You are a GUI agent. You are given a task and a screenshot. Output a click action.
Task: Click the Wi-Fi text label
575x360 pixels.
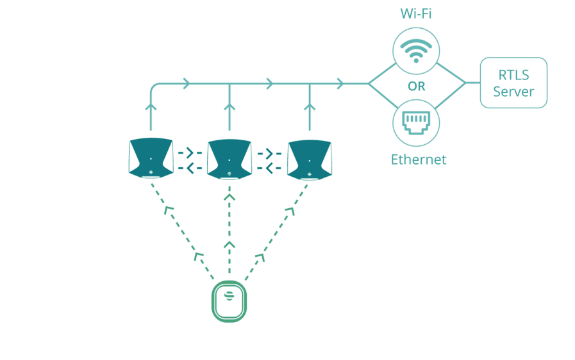tap(416, 13)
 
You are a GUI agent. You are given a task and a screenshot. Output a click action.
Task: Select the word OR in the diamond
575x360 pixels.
tap(416, 86)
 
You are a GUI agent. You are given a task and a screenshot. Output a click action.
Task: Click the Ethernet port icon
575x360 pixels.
tap(416, 122)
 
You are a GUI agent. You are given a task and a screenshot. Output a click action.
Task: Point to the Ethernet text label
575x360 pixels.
tap(418, 160)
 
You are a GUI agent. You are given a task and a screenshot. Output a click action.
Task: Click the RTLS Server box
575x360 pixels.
tap(513, 83)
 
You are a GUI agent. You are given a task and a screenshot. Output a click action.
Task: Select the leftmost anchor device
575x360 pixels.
tap(151, 158)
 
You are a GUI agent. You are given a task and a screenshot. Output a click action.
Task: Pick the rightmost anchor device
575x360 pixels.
tap(309, 158)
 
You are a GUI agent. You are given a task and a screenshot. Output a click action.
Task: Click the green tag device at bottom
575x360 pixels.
tap(229, 301)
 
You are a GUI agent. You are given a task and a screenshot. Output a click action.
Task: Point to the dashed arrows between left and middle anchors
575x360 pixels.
tap(190, 160)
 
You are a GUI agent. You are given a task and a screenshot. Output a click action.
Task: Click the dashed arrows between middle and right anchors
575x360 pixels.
tap(270, 160)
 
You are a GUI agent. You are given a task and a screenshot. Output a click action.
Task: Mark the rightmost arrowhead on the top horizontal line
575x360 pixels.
tap(340, 83)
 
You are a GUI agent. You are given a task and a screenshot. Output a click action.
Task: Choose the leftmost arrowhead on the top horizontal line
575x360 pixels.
tap(186, 83)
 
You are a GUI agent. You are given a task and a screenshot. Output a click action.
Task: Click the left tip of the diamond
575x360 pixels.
tap(369, 83)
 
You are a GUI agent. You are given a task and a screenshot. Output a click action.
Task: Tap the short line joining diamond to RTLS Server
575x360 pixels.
tap(472, 83)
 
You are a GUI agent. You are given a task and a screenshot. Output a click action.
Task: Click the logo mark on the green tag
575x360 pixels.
tap(229, 296)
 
